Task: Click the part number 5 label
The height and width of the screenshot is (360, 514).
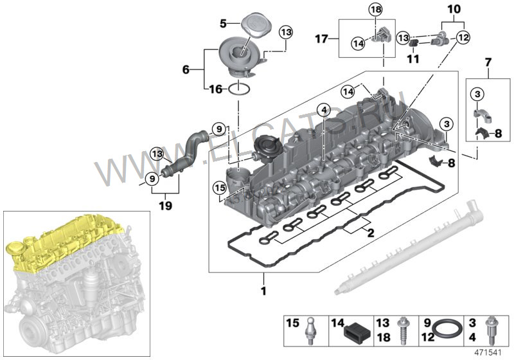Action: tap(223, 23)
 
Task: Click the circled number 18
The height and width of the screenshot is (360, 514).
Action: tap(375, 9)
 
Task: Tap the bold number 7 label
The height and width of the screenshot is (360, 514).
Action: tap(488, 63)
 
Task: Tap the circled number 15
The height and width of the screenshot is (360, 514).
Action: tap(219, 188)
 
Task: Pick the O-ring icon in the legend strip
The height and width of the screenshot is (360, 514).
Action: tap(445, 330)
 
